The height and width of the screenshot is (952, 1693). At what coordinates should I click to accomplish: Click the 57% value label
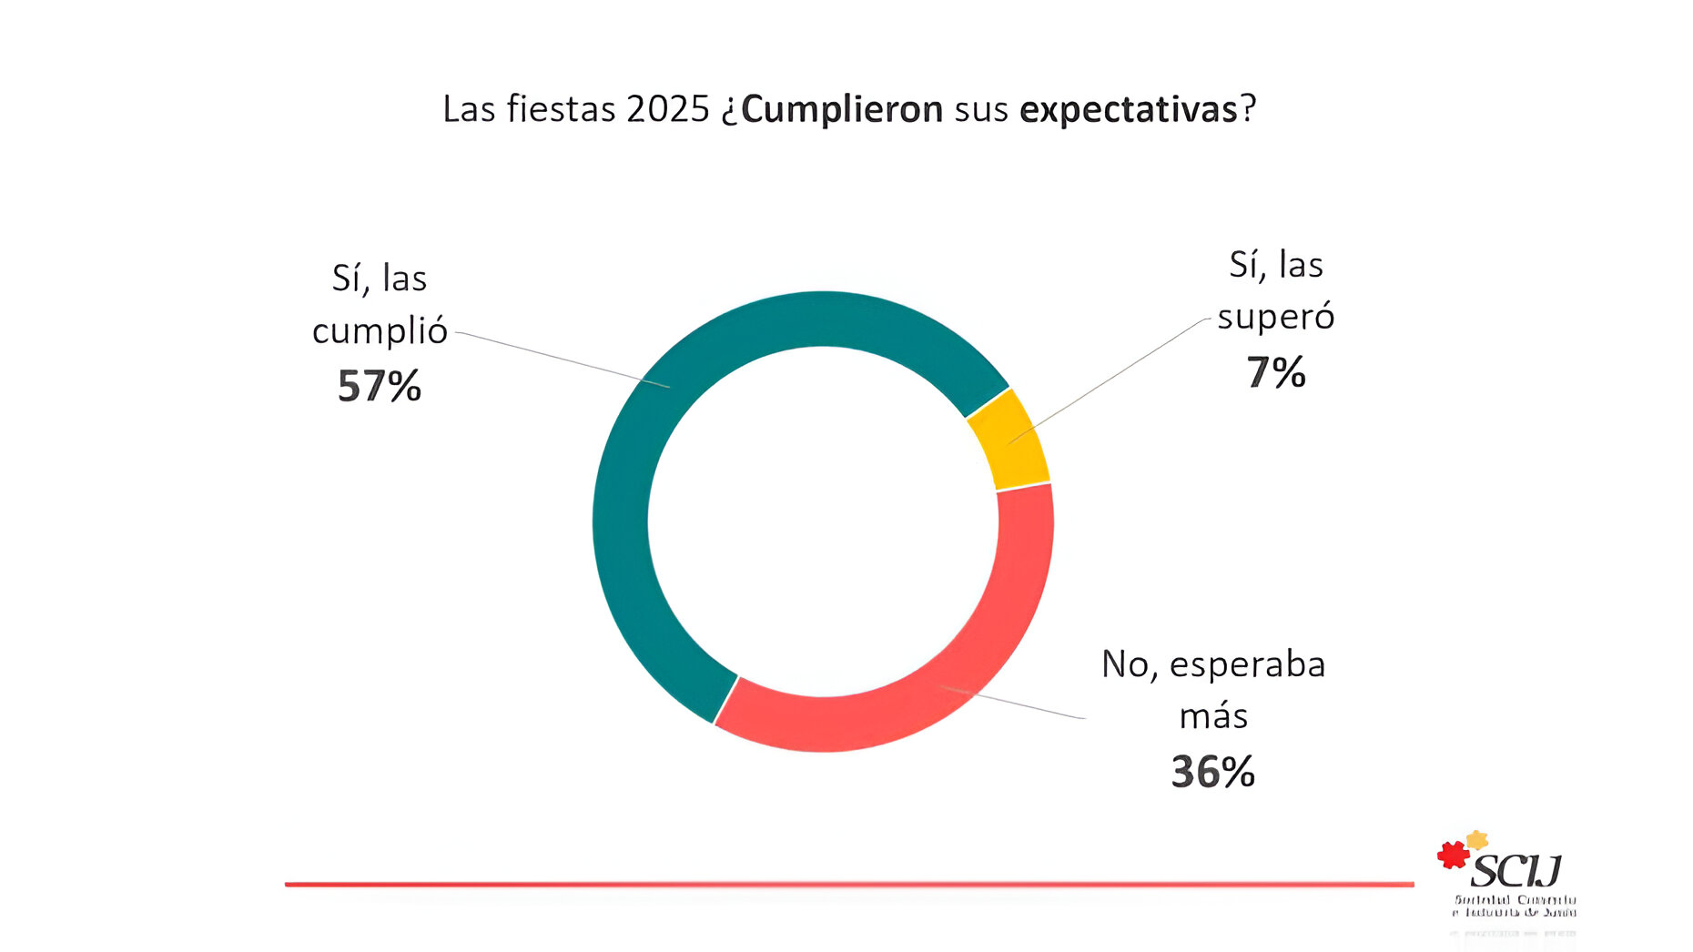[x=380, y=386]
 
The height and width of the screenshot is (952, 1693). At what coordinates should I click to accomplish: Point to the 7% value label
[x=1275, y=372]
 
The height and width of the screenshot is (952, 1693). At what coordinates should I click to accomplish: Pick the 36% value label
[x=1212, y=772]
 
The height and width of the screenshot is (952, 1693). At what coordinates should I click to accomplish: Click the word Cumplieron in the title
[x=842, y=109]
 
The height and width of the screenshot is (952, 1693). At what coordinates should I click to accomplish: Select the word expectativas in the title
[x=1129, y=109]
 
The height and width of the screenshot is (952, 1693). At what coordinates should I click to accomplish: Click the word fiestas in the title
[x=562, y=109]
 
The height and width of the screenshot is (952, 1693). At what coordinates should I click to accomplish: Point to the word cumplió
[x=380, y=331]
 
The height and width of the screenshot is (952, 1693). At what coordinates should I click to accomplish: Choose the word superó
[x=1275, y=317]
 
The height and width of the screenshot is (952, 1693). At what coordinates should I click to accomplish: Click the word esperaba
[x=1247, y=664]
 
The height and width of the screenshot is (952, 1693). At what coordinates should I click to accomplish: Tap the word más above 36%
[x=1212, y=717]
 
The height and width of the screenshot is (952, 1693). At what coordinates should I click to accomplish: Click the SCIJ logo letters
[x=1516, y=872]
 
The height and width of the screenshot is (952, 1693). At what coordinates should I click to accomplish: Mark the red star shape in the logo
[x=1453, y=856]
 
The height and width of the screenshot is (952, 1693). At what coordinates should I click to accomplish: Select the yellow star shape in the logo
[x=1476, y=839]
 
